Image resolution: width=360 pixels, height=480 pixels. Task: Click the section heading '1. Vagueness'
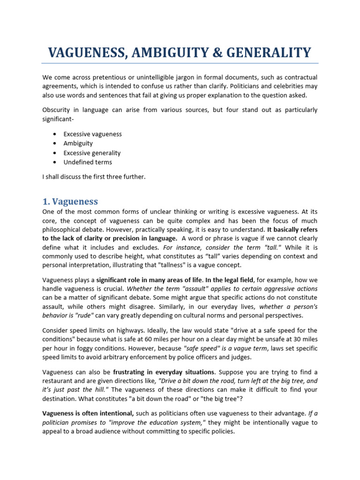pyautogui.click(x=70, y=202)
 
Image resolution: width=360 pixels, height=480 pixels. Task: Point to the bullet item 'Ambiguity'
pyautogui.click(x=78, y=143)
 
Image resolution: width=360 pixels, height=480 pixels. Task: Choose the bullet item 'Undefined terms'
pyautogui.click(x=88, y=162)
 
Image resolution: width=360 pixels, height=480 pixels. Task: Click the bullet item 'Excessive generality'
pyautogui.click(x=92, y=153)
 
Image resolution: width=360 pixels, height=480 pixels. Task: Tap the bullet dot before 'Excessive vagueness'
pyautogui.click(x=55, y=134)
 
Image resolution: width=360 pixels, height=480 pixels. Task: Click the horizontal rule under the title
pyautogui.click(x=180, y=63)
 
